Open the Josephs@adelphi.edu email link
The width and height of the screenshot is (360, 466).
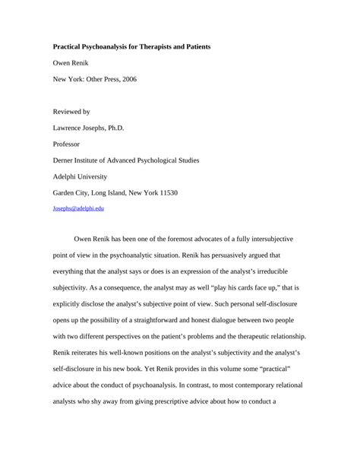[77, 207]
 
